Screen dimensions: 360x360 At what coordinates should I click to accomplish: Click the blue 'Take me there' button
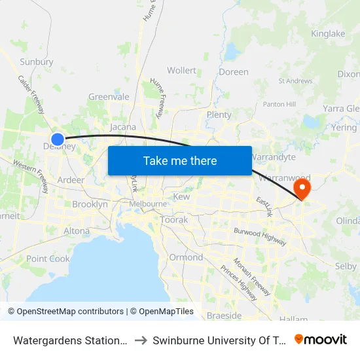coord(180,161)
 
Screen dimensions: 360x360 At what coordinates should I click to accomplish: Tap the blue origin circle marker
coord(58,139)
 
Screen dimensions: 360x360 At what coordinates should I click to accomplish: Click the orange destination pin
coord(302,189)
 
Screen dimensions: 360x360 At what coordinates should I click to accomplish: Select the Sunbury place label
coord(37,62)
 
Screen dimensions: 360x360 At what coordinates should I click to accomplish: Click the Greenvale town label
coord(109,97)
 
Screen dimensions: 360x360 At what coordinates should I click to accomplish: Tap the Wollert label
coord(181,71)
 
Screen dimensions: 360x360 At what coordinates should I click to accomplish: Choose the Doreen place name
coord(234,72)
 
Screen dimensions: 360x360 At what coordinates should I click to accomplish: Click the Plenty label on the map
coord(219,115)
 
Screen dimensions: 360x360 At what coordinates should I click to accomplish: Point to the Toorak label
coord(174,220)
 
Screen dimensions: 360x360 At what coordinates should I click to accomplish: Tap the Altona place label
coord(77,231)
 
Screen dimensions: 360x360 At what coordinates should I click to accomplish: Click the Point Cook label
coord(48,259)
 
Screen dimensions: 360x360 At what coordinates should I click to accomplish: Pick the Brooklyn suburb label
coord(90,204)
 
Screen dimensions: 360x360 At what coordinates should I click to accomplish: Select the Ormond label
coord(186,257)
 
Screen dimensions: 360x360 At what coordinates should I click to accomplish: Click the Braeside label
coord(224,315)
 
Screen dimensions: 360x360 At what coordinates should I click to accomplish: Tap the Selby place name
coord(345,266)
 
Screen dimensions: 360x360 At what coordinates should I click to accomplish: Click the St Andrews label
coord(295,81)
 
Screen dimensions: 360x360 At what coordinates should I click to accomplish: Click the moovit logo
coord(321,340)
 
